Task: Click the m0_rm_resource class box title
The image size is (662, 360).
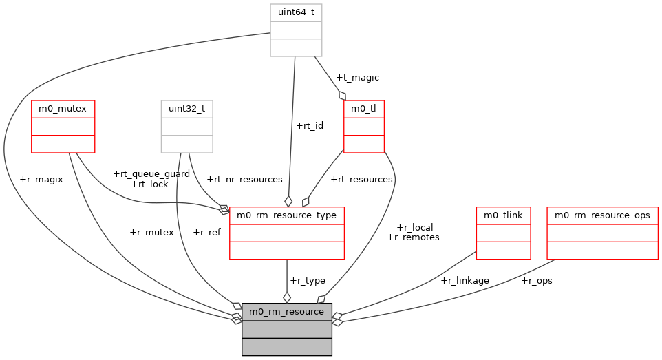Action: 286,312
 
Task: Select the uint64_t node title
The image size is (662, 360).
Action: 296,12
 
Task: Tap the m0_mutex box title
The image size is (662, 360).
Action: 63,109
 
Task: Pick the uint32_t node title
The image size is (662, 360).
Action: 186,109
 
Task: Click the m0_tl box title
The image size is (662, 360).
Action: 363,109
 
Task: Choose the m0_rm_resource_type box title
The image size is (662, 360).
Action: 286,215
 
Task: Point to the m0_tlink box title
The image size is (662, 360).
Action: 503,215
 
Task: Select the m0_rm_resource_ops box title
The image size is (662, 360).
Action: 602,215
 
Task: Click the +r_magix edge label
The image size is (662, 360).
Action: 41,179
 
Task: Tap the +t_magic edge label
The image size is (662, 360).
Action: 357,78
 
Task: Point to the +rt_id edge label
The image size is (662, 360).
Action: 309,125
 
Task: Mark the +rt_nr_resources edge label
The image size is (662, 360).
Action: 244,179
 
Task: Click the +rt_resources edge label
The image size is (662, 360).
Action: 361,179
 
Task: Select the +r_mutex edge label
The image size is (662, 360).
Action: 151,232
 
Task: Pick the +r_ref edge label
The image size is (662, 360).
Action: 206,232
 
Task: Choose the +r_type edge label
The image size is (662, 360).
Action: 308,280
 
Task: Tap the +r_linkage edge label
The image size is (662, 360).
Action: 465,280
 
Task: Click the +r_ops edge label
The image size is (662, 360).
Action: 537,280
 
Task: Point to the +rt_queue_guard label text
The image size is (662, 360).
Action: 151,174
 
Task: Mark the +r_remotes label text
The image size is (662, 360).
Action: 413,237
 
